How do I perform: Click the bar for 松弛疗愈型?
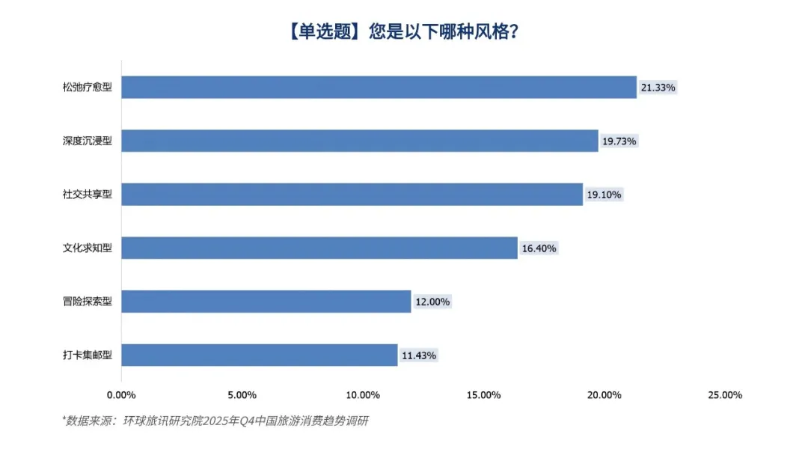point(379,88)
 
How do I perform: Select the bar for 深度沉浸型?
point(360,141)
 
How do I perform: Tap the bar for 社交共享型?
point(352,195)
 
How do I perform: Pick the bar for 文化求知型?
point(319,248)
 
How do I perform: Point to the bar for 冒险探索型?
point(266,302)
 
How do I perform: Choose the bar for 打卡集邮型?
point(260,355)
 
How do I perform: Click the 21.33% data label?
point(658,88)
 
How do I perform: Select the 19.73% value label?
point(619,141)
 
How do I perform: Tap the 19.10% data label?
point(604,195)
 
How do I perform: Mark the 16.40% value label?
point(539,248)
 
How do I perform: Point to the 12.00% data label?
point(432,302)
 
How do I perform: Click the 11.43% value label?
point(419,355)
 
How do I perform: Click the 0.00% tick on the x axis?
point(121,395)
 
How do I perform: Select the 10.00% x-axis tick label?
point(363,395)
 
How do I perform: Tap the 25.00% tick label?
point(724,395)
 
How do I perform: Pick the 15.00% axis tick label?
point(483,395)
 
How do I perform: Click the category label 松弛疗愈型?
point(88,88)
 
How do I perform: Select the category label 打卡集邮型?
point(88,355)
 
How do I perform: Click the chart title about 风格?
point(404,33)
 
